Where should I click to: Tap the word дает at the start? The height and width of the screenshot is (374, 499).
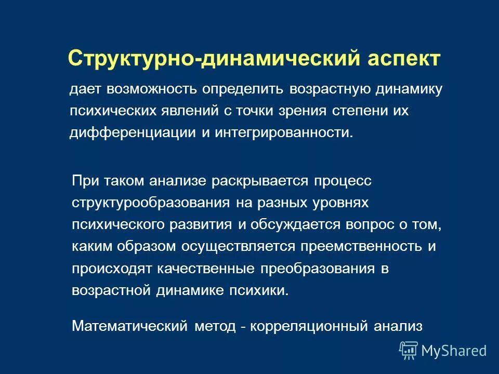85,89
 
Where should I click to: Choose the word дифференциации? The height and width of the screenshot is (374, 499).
132,132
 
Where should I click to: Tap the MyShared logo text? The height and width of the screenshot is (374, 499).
454,350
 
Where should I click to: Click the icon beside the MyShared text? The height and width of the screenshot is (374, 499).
409,350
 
